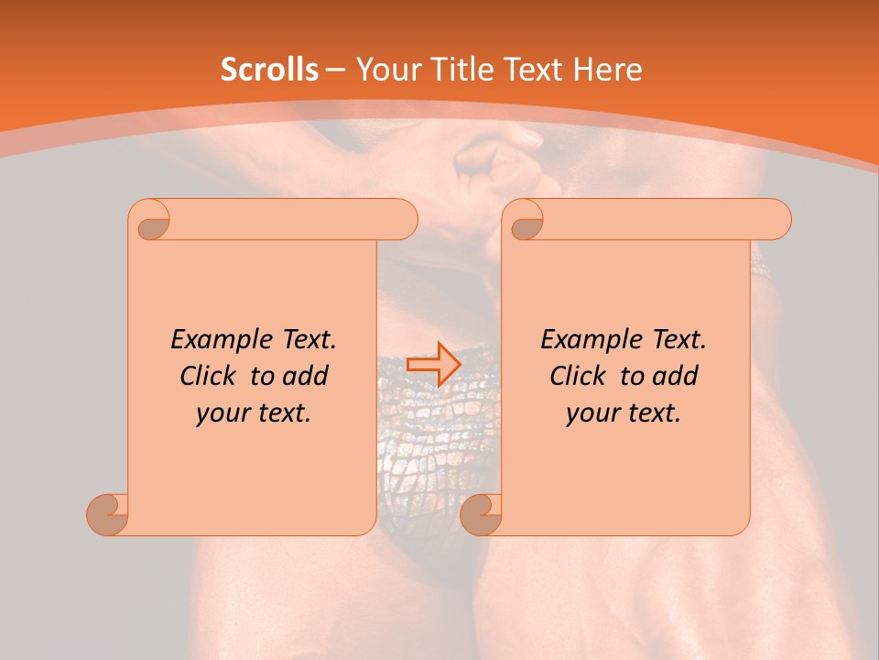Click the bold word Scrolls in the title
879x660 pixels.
tap(270, 70)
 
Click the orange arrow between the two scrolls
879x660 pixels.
tap(433, 364)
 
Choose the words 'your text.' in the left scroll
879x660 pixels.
tap(254, 412)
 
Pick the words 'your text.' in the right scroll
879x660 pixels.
tap(624, 412)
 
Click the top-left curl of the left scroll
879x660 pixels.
tap(151, 221)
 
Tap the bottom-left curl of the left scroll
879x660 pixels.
tap(108, 514)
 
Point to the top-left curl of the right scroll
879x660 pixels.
tap(525, 221)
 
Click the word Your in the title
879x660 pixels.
tap(383, 70)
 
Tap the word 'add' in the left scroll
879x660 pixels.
tap(307, 376)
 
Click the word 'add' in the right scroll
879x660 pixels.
tap(677, 376)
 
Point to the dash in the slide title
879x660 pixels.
tap(336, 70)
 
